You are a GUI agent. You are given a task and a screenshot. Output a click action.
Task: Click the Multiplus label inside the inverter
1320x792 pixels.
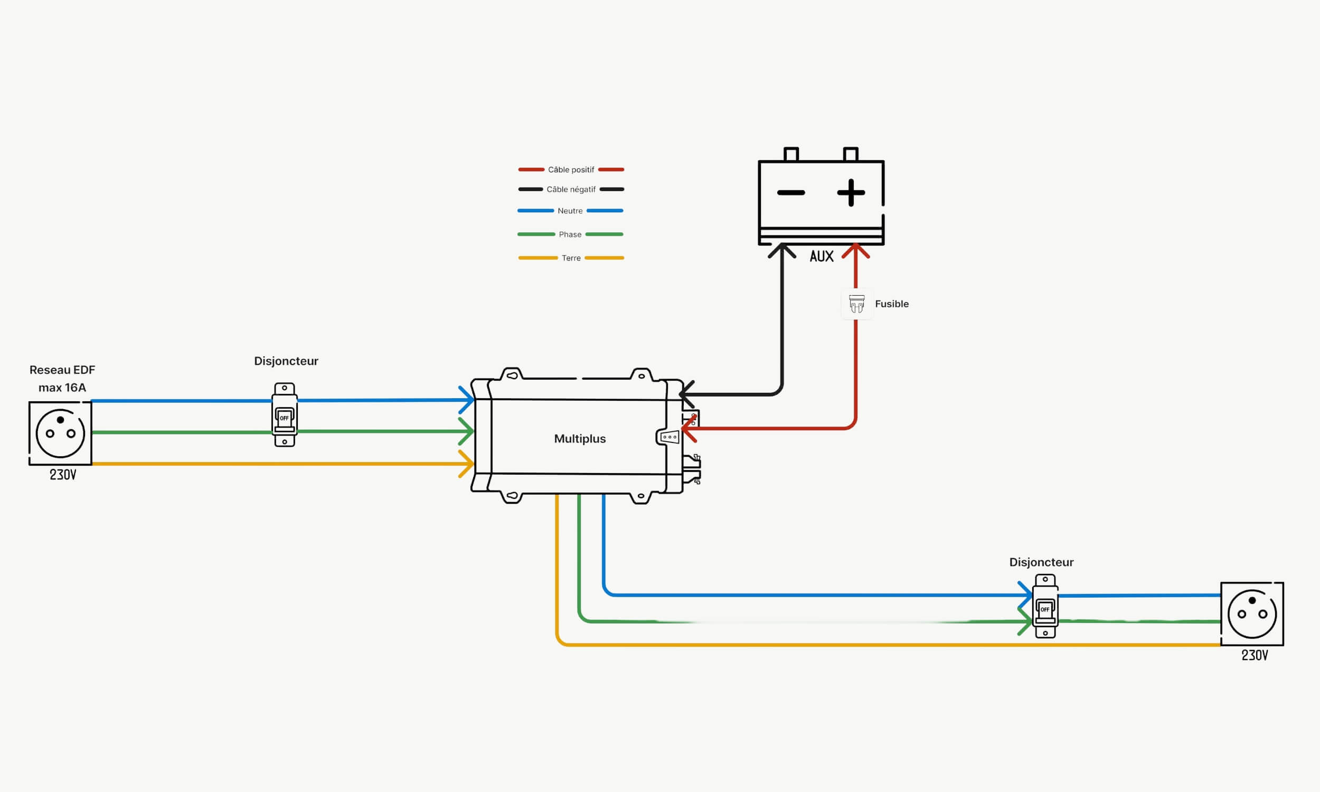(580, 439)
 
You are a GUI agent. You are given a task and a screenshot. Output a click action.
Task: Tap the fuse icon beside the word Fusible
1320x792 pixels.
(856, 304)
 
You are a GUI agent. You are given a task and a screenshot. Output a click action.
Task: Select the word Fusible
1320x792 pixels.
(892, 304)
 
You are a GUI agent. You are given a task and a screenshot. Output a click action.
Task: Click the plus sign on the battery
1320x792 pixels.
(851, 192)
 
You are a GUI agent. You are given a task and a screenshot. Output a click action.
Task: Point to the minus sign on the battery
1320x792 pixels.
(791, 193)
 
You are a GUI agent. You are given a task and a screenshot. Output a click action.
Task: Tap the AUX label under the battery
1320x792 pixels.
(821, 257)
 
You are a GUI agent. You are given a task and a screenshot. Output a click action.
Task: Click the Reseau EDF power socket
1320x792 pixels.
(60, 433)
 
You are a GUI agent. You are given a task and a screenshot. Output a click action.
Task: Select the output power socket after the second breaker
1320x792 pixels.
(1252, 614)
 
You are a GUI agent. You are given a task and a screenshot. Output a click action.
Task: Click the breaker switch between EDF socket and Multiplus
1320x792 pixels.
(285, 414)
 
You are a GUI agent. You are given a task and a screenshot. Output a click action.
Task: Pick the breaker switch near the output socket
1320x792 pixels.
(1045, 606)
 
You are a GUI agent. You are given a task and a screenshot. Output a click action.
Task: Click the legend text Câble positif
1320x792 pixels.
(571, 169)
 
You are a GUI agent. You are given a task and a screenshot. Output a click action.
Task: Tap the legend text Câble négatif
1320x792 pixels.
(571, 190)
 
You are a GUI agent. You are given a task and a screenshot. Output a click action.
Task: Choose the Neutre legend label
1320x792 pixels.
(570, 211)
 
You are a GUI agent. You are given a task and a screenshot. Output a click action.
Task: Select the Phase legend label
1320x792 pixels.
(570, 234)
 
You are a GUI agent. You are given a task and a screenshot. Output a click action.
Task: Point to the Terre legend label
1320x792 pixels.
(571, 258)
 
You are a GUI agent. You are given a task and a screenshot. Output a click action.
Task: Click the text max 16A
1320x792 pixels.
(62, 388)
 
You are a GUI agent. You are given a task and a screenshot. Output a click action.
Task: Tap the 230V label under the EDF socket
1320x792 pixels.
(63, 475)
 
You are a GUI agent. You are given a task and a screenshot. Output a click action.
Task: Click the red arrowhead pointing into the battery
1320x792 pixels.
(856, 250)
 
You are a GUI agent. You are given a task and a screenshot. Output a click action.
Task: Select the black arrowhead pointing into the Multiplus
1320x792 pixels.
(686, 394)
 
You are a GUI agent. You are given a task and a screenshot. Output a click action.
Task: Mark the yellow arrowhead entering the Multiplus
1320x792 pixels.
(467, 464)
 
